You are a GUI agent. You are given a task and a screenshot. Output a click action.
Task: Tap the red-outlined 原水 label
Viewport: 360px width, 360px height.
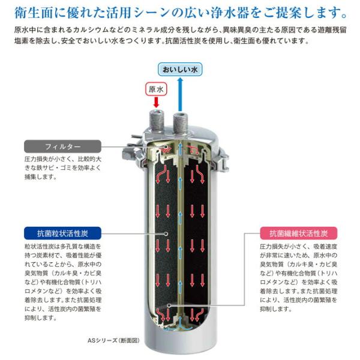155,88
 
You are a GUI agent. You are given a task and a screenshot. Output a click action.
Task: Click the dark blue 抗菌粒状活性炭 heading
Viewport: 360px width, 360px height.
63,232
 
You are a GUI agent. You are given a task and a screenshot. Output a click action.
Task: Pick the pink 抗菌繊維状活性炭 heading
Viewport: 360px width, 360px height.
298,232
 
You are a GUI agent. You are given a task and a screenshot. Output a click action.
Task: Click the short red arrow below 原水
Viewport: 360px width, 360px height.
155,102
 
